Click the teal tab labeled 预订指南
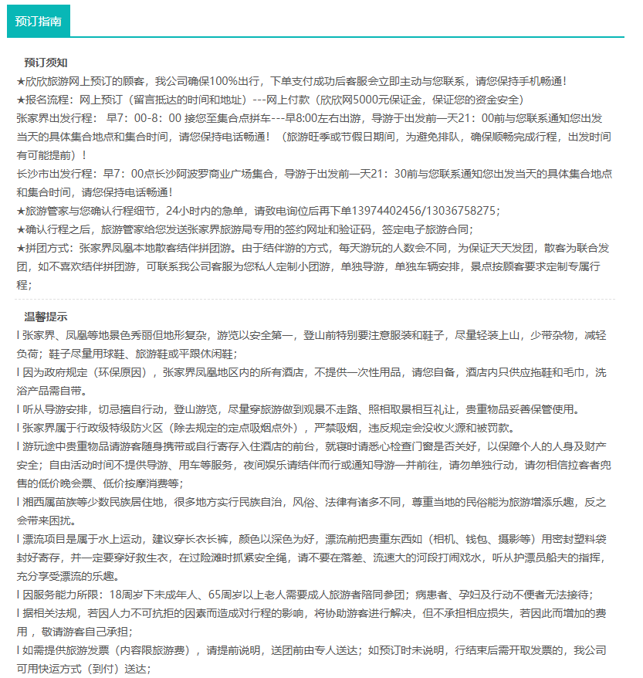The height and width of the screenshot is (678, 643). point(38,22)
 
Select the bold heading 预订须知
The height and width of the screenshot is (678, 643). point(46,63)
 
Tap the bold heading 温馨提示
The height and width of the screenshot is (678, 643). point(46,317)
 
